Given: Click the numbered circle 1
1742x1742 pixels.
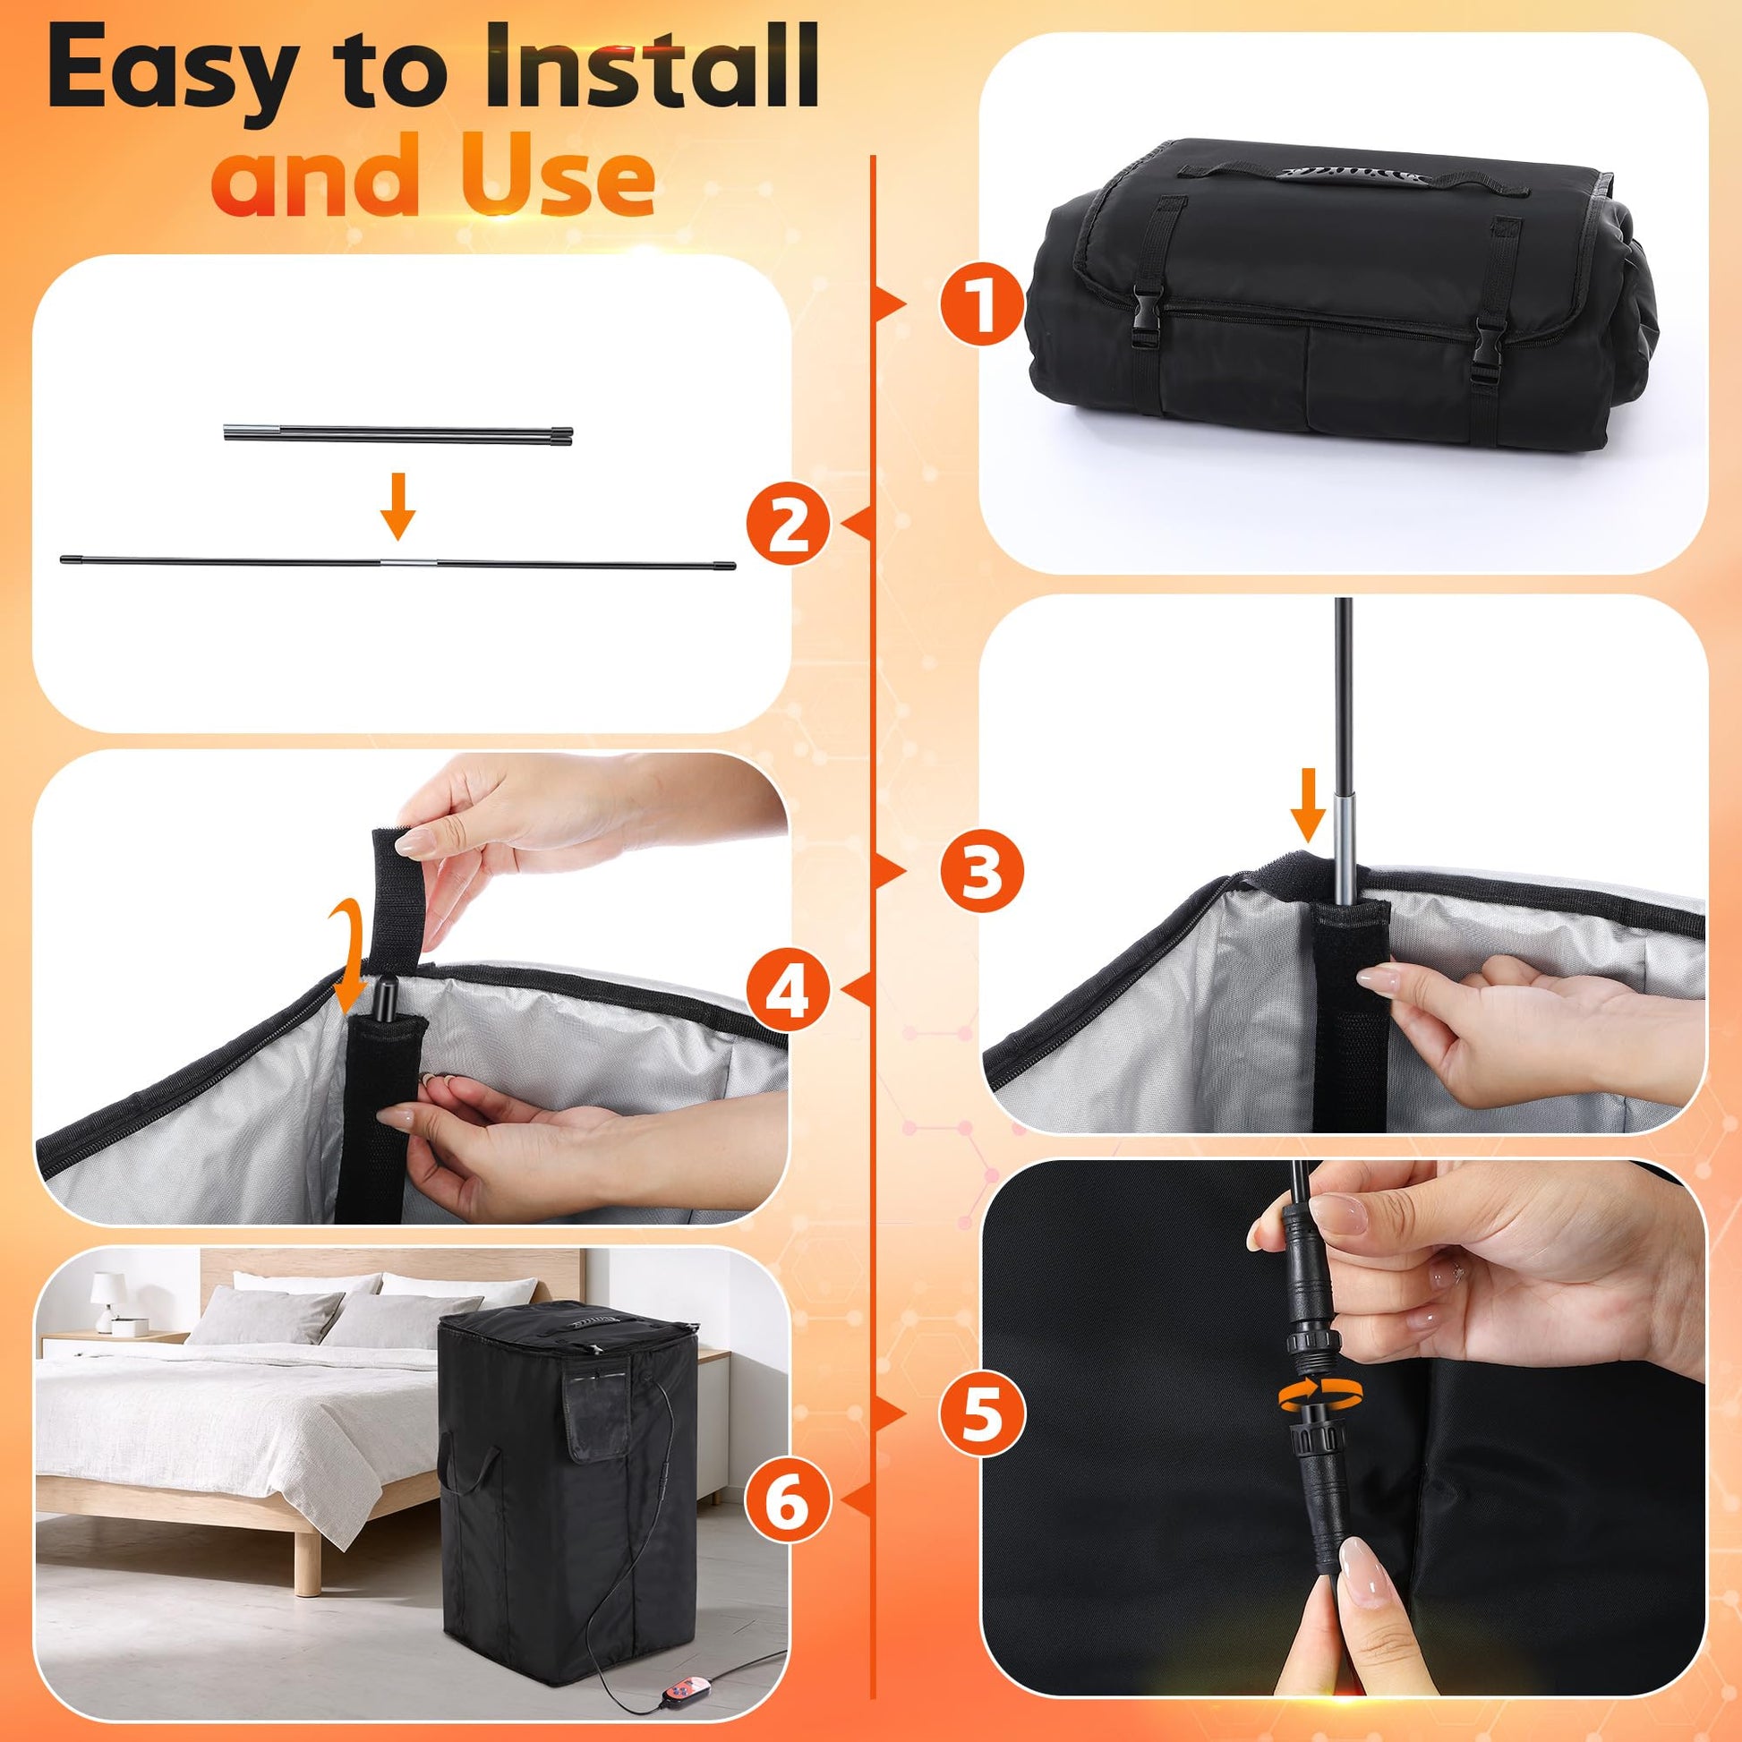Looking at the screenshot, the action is (982, 304).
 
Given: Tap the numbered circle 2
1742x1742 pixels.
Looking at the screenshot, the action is (788, 524).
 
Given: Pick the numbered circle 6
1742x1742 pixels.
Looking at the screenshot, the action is (788, 1502).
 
